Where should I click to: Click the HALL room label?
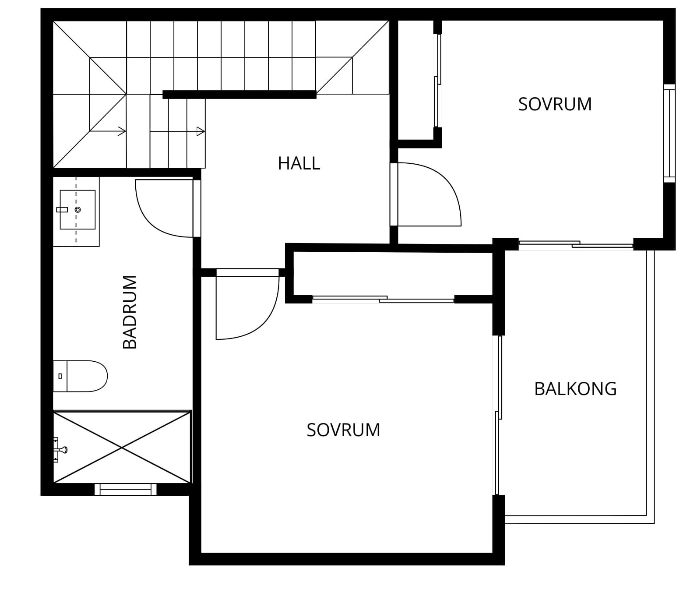[299, 163]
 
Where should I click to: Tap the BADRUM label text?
[130, 312]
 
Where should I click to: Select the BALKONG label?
[575, 389]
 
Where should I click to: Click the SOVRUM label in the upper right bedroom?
[555, 104]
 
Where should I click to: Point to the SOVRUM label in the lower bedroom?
[343, 430]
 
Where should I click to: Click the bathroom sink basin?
[77, 210]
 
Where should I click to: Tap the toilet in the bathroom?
[81, 376]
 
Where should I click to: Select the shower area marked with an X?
[122, 447]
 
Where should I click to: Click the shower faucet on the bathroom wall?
[59, 449]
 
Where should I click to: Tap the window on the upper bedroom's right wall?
[669, 133]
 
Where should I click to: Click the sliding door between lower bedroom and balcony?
[498, 415]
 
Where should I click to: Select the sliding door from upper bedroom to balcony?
[576, 244]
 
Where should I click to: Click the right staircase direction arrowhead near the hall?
[201, 131]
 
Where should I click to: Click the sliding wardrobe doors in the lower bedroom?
[383, 300]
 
